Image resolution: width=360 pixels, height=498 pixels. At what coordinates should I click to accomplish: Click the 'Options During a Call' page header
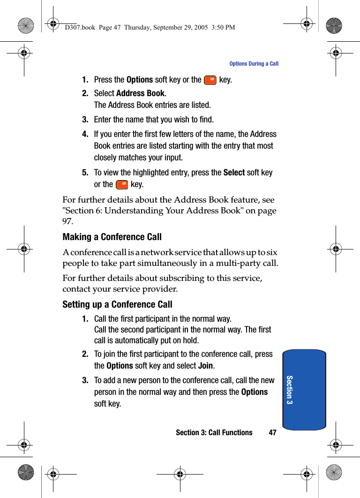point(254,64)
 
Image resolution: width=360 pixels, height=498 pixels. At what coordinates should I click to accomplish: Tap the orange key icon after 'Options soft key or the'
point(210,80)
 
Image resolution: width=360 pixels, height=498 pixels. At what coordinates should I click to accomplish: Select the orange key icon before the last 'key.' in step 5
point(122,185)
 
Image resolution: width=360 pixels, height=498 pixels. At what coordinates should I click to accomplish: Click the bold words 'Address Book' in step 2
point(140,93)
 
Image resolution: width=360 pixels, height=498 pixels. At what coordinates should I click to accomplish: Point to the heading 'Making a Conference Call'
point(112,237)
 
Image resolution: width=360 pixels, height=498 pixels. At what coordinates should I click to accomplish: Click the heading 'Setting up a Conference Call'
point(117,305)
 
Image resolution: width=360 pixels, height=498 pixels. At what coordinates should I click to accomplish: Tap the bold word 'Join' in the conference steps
point(206,366)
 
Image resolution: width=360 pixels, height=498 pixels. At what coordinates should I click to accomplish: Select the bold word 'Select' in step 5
point(234,173)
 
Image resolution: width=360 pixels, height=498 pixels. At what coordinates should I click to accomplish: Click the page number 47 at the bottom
point(272,433)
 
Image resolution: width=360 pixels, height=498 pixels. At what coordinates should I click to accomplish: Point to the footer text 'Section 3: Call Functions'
point(214,433)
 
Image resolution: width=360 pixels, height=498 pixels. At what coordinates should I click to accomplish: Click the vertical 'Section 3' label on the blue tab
point(289,390)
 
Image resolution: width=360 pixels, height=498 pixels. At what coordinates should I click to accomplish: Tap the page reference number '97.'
point(68,221)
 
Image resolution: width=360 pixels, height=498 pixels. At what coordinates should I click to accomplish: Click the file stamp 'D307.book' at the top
point(79,28)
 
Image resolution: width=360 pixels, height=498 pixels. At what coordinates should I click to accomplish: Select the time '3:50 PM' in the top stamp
point(223,28)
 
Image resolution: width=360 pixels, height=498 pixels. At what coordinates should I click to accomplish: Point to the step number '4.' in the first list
point(85,135)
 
